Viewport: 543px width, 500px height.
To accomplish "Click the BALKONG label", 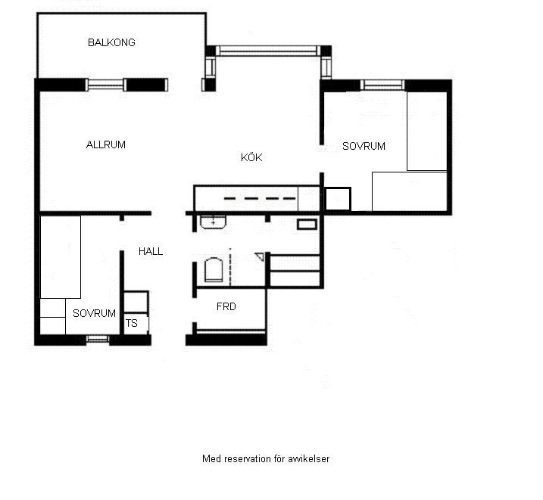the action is pos(111,42).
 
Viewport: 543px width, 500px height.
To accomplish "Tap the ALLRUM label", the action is pos(105,144).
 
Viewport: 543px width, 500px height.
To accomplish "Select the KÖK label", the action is pos(251,157).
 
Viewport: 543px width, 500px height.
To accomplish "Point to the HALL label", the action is pos(151,251).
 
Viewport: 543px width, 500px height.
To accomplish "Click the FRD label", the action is pos(226,306).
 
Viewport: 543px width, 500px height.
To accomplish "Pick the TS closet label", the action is pos(131,323).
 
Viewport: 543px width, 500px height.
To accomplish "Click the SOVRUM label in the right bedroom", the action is pos(364,146).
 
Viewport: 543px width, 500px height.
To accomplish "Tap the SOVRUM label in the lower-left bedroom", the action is pos(94,313).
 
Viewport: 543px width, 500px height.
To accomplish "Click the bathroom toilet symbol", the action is pos(214,270).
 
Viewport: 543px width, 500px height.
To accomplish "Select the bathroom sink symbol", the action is pos(213,222).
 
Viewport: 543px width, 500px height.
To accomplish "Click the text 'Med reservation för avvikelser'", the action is pos(266,459).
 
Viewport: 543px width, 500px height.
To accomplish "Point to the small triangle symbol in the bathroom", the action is pos(260,256).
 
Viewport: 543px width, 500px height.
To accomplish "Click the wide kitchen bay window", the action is pos(268,51).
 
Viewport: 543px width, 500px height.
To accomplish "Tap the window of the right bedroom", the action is pos(382,85).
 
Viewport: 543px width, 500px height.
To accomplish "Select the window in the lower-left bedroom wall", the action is pos(98,339).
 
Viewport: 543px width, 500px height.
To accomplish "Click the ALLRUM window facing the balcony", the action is pos(105,85).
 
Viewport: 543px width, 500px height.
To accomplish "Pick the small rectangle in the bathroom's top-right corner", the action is pos(307,225).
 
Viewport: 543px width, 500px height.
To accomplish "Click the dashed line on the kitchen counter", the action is pos(260,198).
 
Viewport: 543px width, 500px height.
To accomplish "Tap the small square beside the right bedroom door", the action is pos(338,199).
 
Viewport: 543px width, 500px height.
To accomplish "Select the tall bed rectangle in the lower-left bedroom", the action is pos(61,257).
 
